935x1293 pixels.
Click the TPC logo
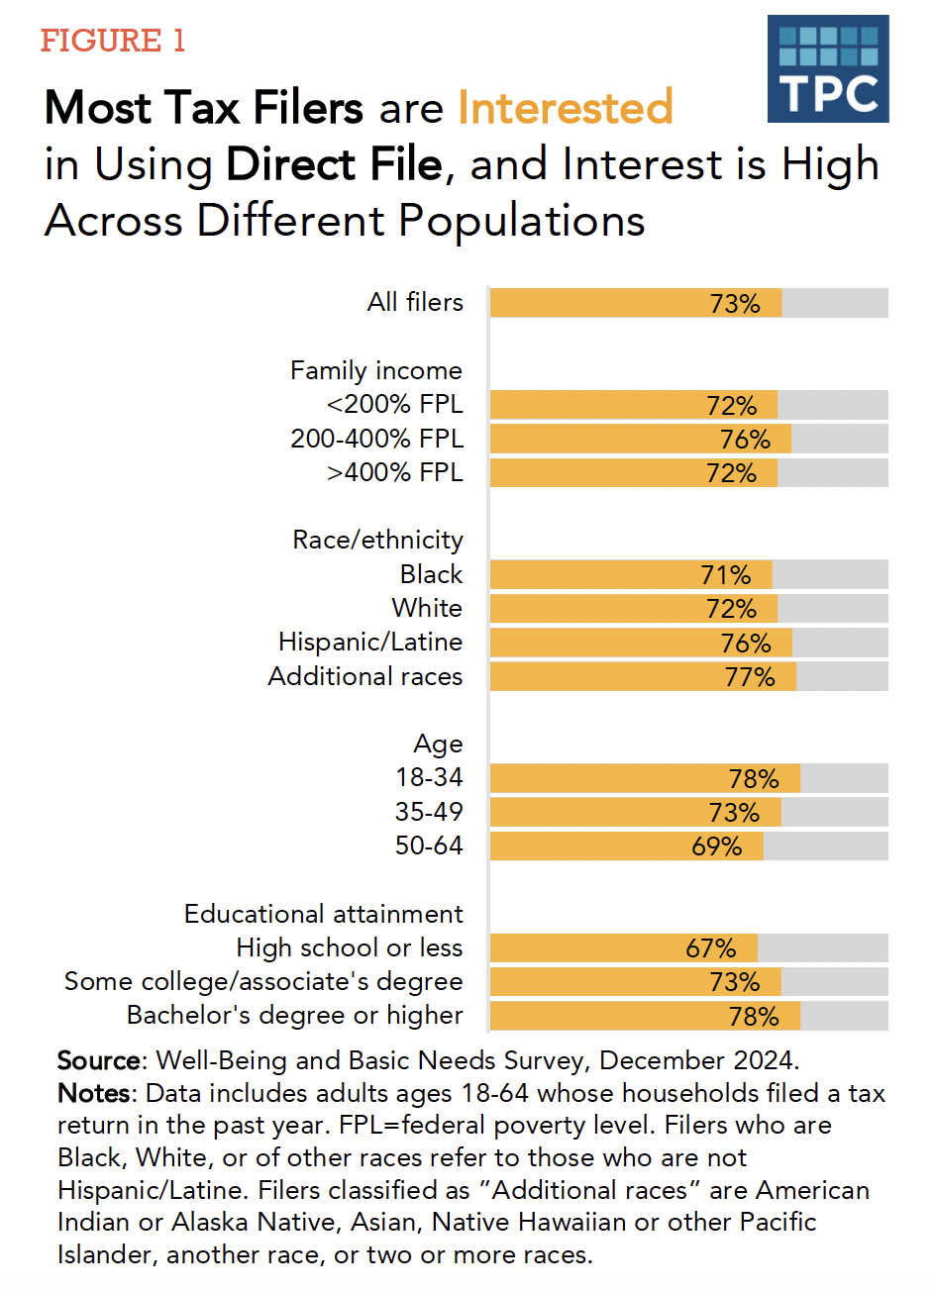click(x=827, y=69)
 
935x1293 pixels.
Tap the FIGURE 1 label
click(x=113, y=41)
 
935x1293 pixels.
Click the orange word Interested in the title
click(x=566, y=108)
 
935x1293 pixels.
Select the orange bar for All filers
click(x=635, y=303)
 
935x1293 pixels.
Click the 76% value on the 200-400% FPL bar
click(x=745, y=439)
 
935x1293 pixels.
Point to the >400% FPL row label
click(x=395, y=472)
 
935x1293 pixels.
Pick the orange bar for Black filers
click(x=630, y=574)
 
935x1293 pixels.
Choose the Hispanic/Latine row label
click(x=370, y=642)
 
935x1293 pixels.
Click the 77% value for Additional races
click(x=750, y=676)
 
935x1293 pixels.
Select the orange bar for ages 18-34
click(x=644, y=778)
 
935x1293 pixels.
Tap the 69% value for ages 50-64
click(x=717, y=846)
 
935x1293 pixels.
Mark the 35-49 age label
click(x=429, y=812)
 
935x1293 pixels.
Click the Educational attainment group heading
click(x=324, y=914)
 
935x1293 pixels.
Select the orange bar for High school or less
click(x=623, y=948)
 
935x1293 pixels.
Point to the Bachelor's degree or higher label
click(x=295, y=1016)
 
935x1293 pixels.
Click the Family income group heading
click(x=376, y=370)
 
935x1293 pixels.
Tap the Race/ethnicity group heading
click(x=378, y=540)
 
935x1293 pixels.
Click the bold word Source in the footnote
click(x=99, y=1060)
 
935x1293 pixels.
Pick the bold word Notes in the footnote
click(x=94, y=1093)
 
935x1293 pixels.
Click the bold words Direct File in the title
click(x=334, y=164)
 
